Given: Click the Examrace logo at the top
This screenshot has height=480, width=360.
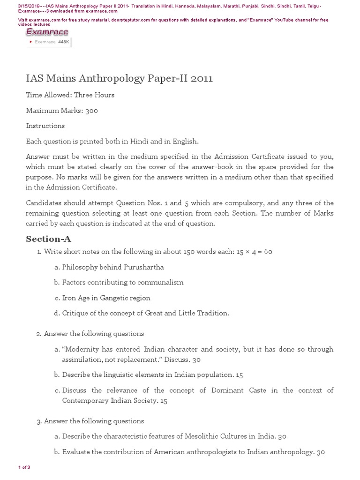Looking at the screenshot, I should click(x=47, y=32).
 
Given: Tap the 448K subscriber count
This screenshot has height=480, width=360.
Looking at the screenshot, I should click(x=63, y=42).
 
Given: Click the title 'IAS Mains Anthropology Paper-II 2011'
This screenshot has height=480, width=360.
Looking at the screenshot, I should click(x=119, y=78).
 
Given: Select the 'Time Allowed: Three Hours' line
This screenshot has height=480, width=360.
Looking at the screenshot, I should click(x=70, y=95).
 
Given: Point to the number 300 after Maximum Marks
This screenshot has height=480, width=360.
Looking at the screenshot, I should click(x=91, y=111).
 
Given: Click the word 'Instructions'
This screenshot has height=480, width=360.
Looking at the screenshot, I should click(x=45, y=126).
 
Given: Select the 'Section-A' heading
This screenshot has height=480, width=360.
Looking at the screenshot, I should click(x=48, y=239).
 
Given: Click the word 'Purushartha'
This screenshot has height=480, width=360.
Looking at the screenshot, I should click(x=143, y=267).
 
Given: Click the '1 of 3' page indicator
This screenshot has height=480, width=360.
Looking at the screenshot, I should click(x=24, y=467).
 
